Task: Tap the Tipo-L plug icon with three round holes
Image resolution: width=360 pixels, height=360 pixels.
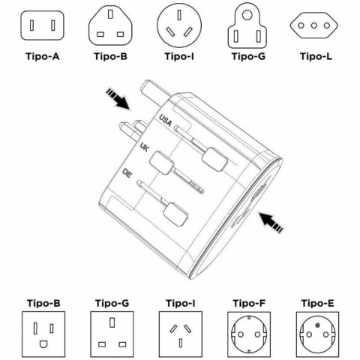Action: point(316,25)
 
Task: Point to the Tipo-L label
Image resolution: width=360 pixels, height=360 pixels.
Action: point(316,56)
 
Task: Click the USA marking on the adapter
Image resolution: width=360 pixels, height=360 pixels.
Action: point(166,119)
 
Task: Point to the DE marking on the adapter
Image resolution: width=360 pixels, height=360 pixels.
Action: point(128,174)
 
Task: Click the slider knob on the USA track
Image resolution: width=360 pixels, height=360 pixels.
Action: point(214,156)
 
